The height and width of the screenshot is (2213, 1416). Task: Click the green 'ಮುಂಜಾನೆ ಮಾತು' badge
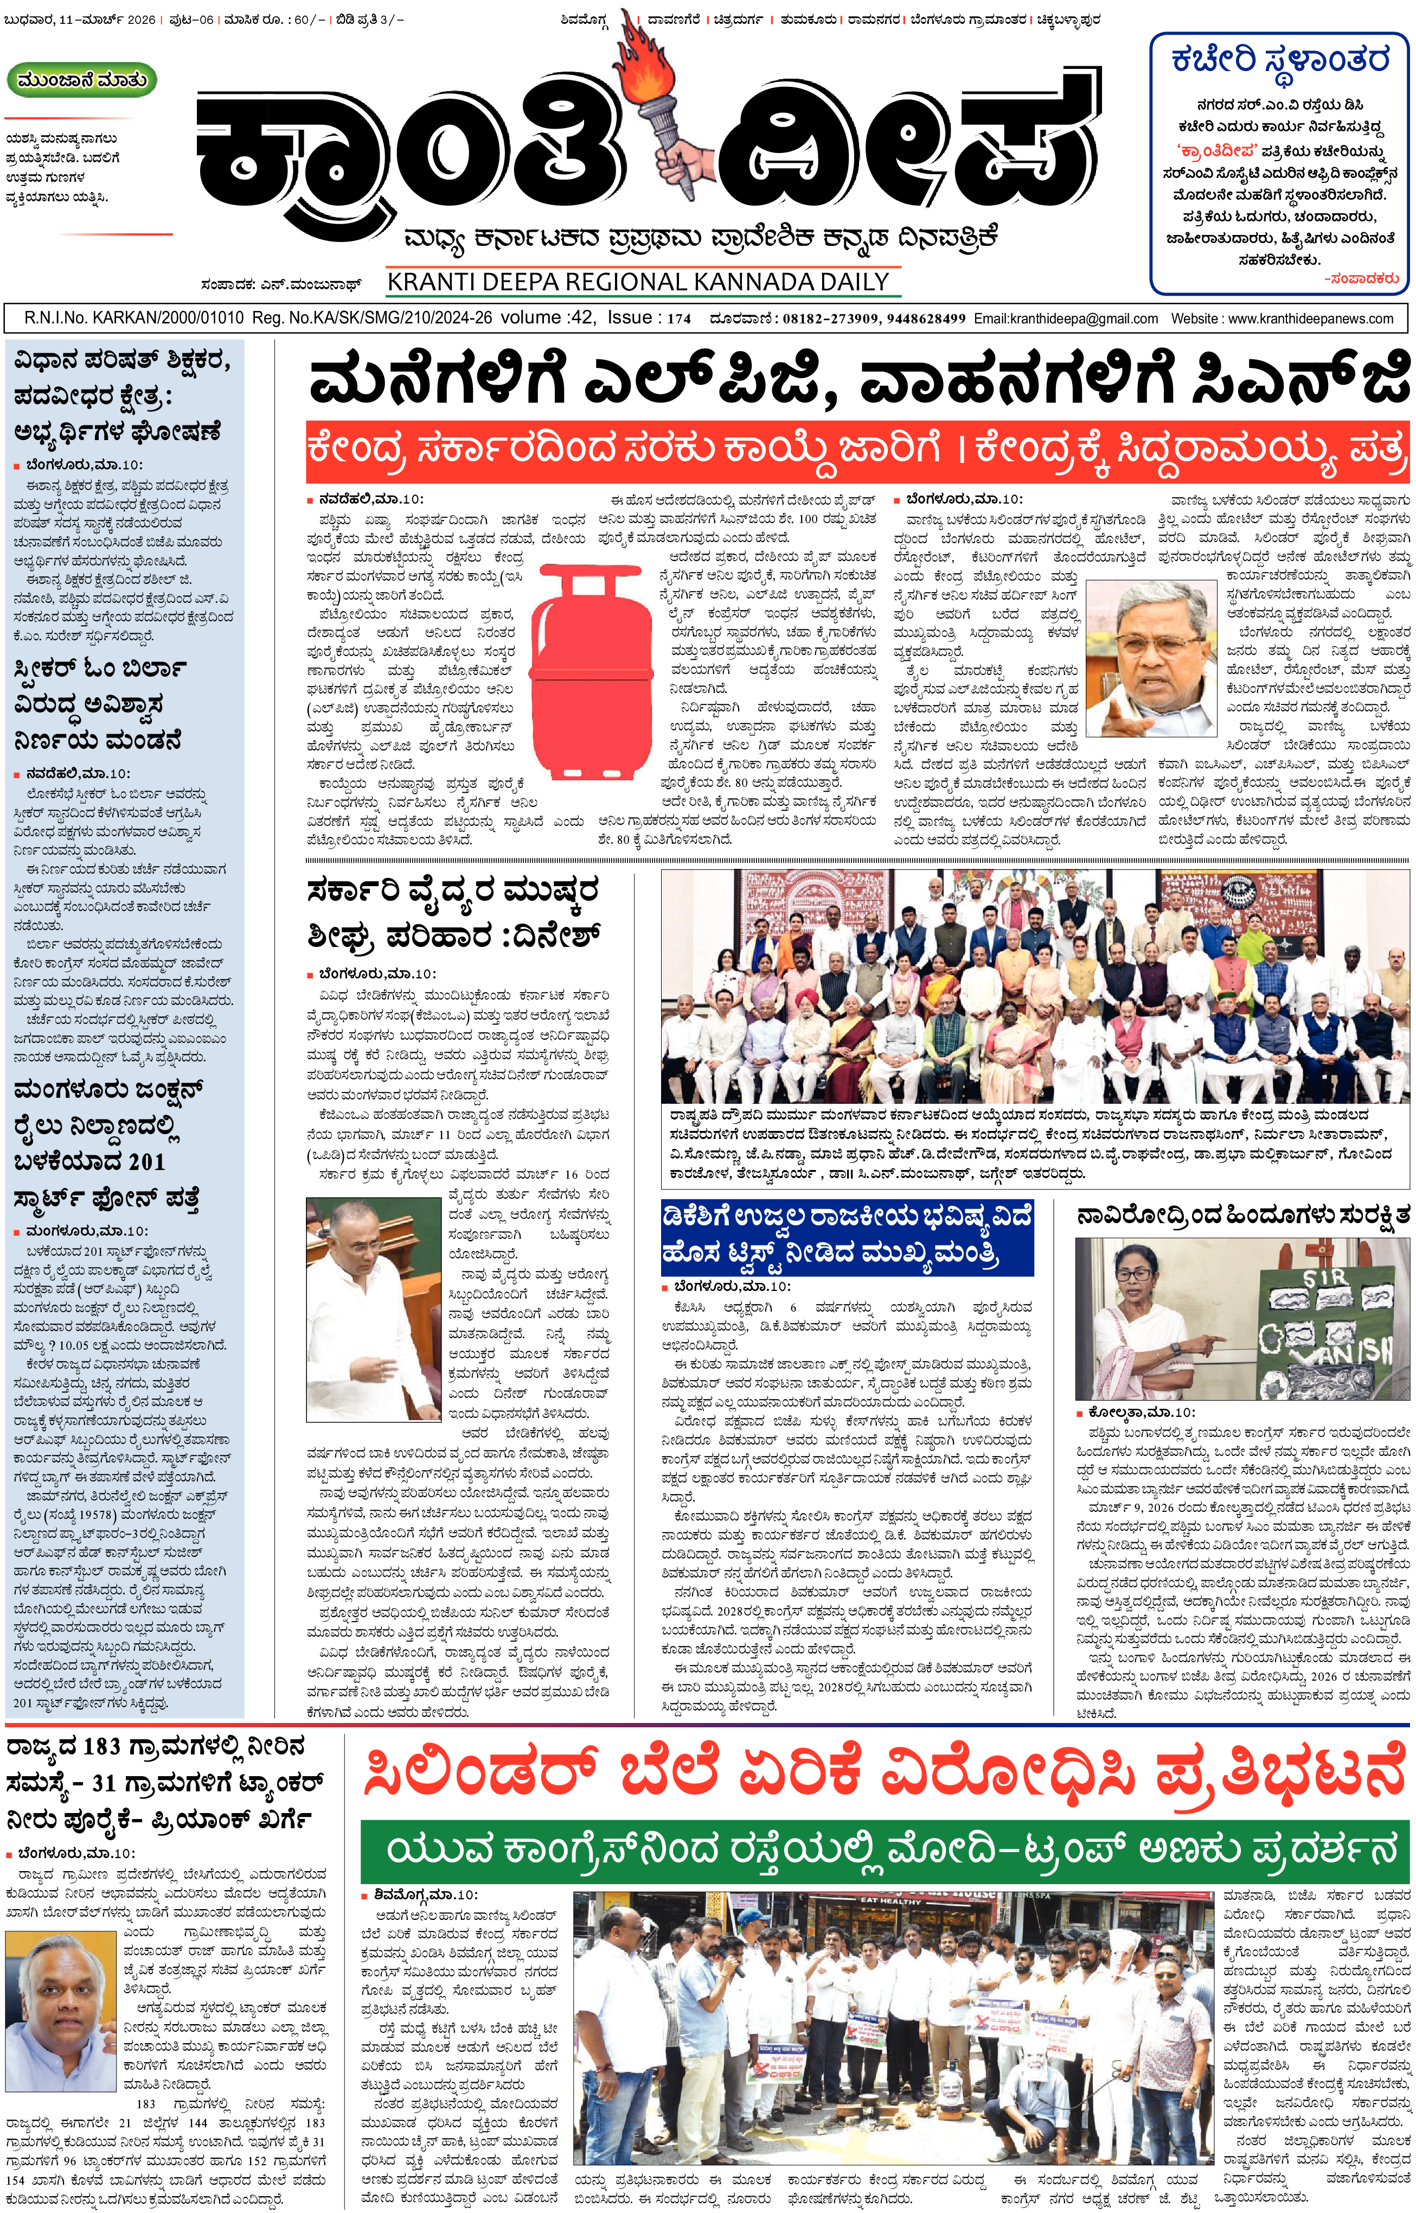82,81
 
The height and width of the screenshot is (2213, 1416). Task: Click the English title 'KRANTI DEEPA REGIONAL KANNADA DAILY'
638,282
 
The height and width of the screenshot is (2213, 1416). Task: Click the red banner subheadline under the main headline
857,451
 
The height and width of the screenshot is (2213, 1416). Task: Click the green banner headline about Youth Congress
883,1850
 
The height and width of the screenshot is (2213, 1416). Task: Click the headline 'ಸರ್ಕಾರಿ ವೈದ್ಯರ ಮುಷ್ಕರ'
452,891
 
